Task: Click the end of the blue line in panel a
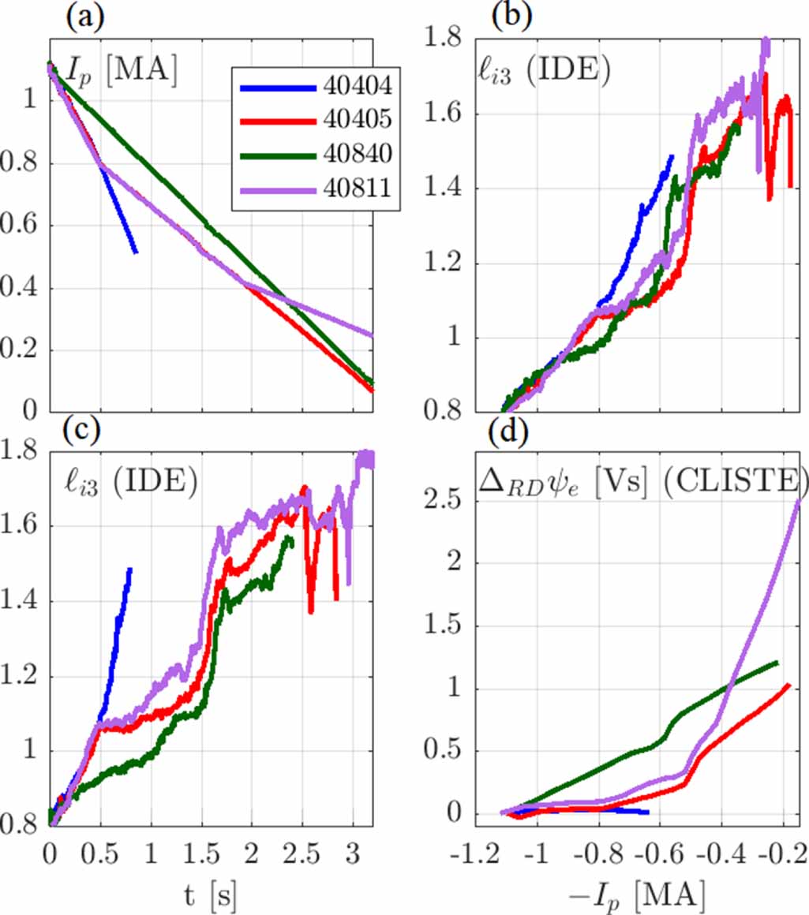pyautogui.click(x=137, y=252)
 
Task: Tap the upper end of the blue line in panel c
pyautogui.click(x=129, y=568)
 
